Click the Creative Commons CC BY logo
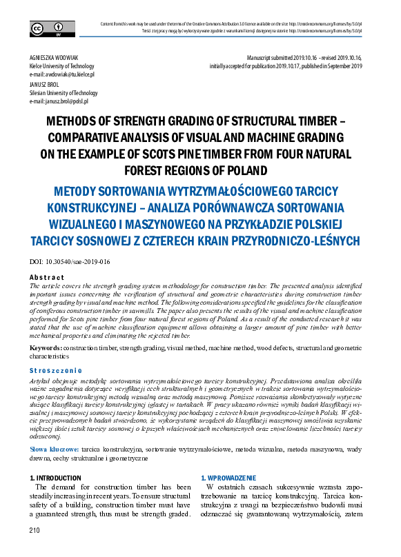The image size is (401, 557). coord(43,28)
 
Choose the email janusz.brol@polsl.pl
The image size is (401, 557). coord(63,101)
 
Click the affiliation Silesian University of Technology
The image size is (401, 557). coord(63,92)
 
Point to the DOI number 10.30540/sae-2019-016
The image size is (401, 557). coord(80,262)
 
